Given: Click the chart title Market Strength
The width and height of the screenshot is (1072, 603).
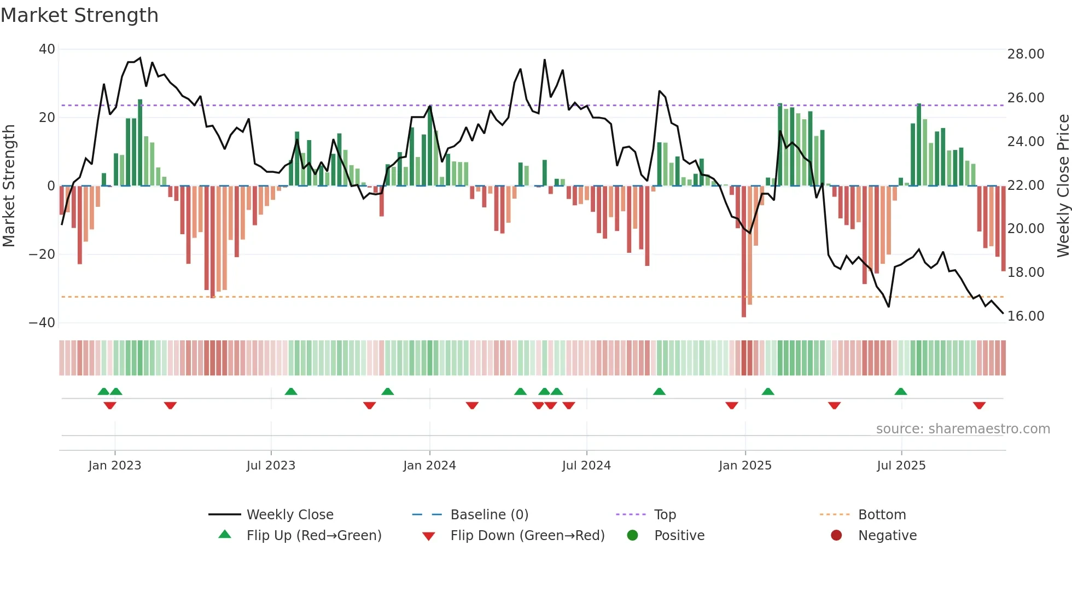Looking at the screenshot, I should (79, 15).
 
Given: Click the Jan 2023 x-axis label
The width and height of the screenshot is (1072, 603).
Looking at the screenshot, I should (115, 466).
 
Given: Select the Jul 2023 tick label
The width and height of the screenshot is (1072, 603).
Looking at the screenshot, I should (271, 466).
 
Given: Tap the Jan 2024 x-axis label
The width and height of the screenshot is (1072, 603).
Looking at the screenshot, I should (429, 466).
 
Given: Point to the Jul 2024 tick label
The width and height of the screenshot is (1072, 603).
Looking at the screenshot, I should (586, 466).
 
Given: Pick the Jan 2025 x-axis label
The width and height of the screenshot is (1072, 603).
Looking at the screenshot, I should (745, 466).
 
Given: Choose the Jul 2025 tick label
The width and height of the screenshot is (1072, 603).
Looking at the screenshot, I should (901, 466).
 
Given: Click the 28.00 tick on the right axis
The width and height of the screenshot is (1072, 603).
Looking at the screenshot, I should (1026, 54).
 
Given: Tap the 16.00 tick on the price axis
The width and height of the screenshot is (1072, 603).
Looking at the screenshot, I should (1026, 316).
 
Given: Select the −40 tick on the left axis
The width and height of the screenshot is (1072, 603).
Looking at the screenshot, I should (42, 323).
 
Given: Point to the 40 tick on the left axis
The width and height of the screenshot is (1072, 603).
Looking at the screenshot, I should (47, 49).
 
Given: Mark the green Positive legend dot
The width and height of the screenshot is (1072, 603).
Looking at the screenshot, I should (633, 536).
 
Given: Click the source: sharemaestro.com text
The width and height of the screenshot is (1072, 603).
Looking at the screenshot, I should (963, 429).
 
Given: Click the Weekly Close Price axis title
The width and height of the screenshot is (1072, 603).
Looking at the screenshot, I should (1063, 186).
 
